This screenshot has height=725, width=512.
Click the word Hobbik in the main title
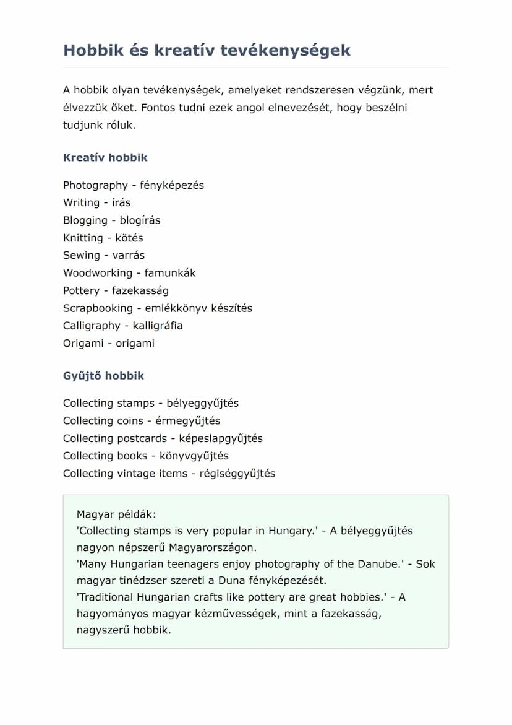tap(93, 50)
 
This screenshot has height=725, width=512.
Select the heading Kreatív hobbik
tap(105, 157)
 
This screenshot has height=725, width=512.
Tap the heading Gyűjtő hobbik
tap(103, 376)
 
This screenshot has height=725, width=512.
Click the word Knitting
tap(83, 238)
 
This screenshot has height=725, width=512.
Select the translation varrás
tap(129, 255)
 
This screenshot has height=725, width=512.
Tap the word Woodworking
tap(98, 273)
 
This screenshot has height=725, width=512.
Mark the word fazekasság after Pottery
tap(140, 290)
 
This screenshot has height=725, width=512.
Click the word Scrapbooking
tap(98, 308)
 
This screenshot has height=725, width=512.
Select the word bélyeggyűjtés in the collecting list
tap(203, 403)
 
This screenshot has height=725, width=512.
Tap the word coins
tap(130, 421)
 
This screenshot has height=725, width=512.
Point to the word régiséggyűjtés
tap(237, 474)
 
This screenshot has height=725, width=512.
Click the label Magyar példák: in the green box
tap(117, 514)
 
